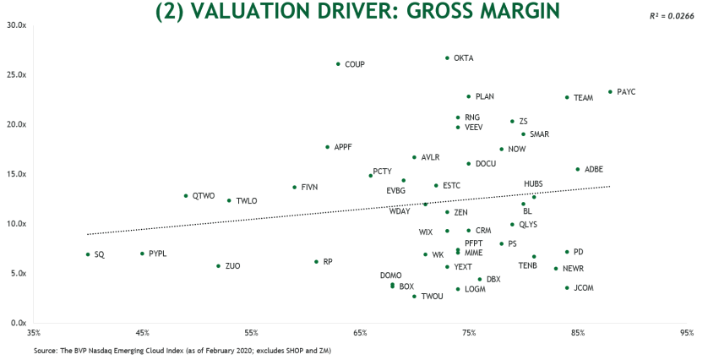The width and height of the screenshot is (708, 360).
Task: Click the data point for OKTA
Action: pos(447,57)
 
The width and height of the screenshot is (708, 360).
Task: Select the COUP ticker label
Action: pos(355,64)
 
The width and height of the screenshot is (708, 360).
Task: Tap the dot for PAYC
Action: pos(610,91)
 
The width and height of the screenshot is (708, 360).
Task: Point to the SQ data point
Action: pos(88,254)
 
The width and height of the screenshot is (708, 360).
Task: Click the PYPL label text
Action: pos(159,254)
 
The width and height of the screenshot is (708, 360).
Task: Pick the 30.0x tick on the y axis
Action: pos(17,25)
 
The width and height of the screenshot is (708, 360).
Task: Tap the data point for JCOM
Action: pos(567,288)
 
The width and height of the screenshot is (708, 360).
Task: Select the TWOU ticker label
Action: pos(432,297)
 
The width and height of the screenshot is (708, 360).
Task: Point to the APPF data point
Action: pos(328,147)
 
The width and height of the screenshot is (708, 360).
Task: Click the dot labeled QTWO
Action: pos(186,195)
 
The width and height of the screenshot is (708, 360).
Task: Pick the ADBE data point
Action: pos(578,169)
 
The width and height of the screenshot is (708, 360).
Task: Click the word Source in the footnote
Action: pos(46,350)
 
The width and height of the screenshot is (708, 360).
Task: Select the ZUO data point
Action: pos(218,265)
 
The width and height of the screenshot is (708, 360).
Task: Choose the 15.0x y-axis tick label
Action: pos(17,174)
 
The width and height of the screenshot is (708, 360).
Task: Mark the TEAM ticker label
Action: pos(583,98)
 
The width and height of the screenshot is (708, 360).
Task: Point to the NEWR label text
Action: pos(574,269)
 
